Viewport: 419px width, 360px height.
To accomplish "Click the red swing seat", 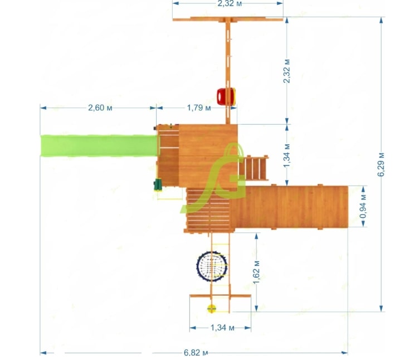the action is [x=226, y=97].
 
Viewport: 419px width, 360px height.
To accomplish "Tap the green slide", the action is [x=99, y=145].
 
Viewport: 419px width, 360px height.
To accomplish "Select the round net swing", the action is [x=212, y=266].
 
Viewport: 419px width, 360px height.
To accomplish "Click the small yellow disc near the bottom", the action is [x=211, y=309].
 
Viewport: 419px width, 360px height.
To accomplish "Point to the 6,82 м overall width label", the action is [x=196, y=353].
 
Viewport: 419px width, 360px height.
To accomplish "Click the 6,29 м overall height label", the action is [x=381, y=164].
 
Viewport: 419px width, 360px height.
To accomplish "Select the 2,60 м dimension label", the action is [x=100, y=108].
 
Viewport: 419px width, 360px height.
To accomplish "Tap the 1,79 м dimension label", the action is [x=199, y=108].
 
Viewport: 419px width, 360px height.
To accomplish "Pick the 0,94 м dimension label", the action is [x=363, y=206].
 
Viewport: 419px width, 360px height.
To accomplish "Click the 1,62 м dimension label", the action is [x=256, y=272].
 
